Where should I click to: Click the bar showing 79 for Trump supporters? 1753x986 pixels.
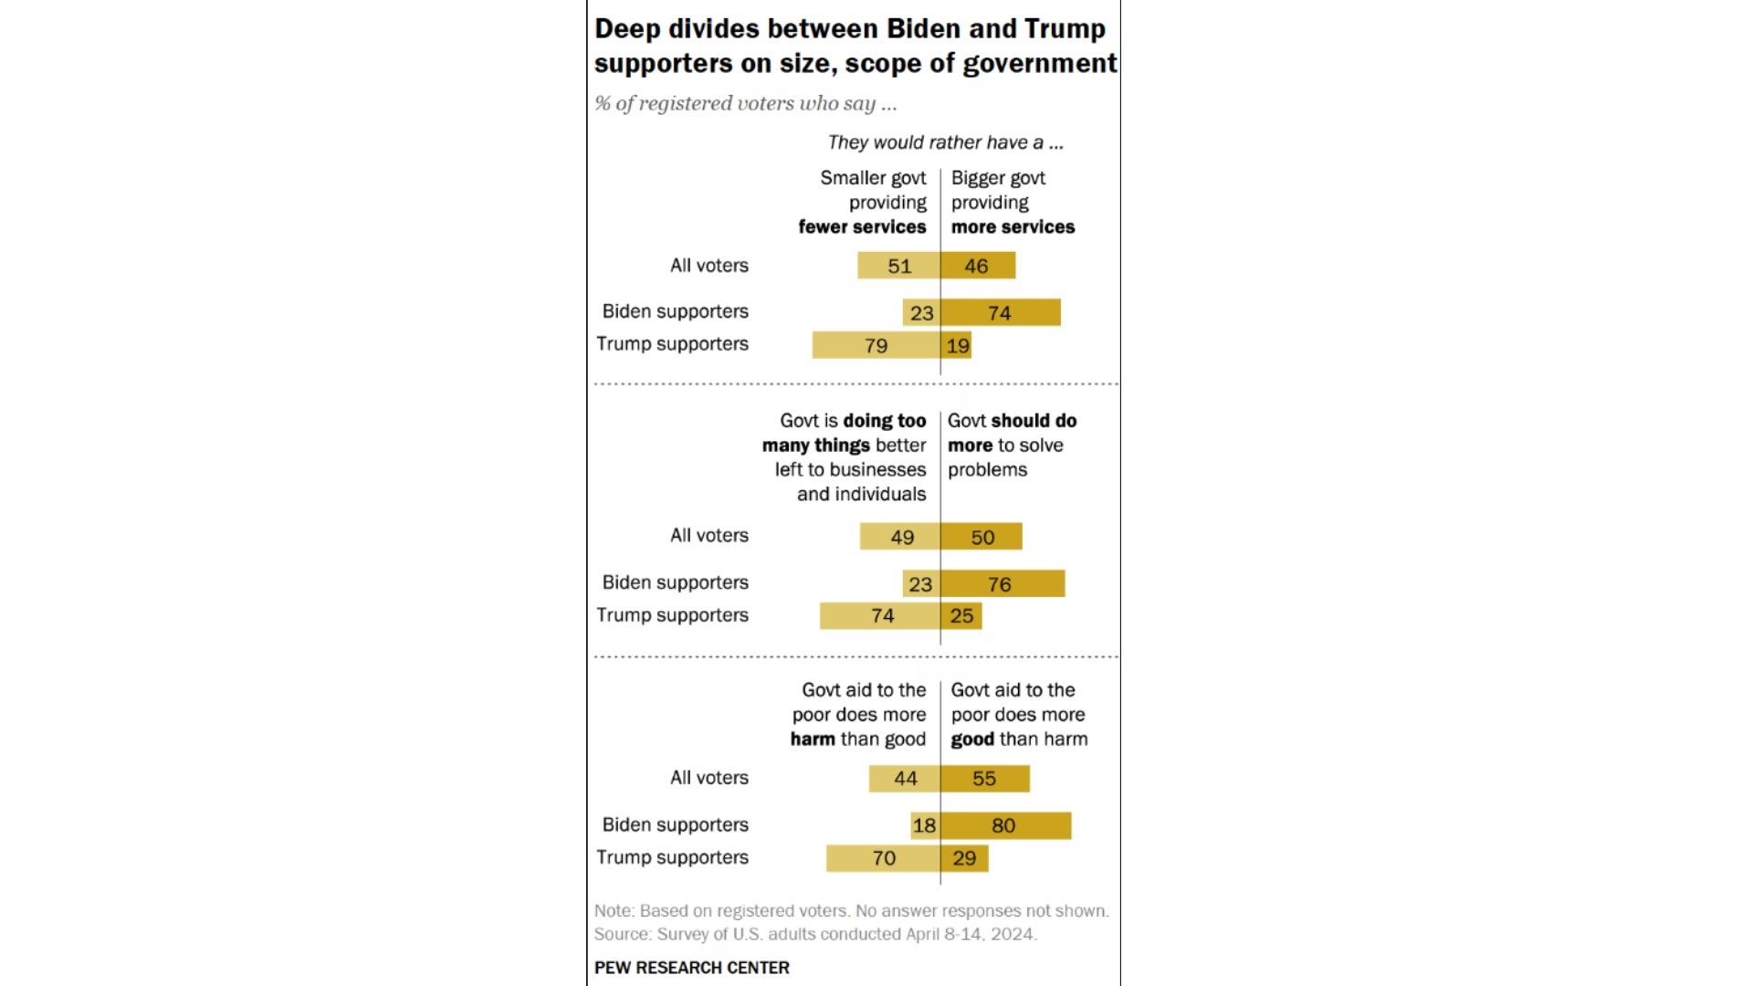pos(876,345)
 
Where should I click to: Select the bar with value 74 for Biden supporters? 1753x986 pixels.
pos(1001,312)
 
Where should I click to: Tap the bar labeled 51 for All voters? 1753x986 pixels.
pos(898,266)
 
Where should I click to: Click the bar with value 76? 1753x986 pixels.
pos(1002,583)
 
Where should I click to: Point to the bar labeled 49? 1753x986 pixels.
pos(900,537)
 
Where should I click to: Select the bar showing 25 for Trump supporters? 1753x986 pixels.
pos(961,615)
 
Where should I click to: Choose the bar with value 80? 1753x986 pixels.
pos(1005,825)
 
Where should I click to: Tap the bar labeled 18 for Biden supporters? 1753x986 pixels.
pos(925,825)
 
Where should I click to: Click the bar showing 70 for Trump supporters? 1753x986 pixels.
pos(883,858)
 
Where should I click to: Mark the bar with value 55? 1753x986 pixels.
pos(985,779)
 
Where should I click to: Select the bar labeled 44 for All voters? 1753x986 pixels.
pos(905,779)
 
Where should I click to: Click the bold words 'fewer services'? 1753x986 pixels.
pos(862,226)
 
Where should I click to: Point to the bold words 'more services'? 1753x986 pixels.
pos(1013,226)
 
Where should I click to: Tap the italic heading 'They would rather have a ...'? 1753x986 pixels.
pos(945,142)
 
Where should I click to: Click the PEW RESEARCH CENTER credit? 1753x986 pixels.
pos(691,968)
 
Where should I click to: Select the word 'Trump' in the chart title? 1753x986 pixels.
pos(1065,28)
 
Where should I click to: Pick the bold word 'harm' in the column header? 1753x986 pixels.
pos(813,739)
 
